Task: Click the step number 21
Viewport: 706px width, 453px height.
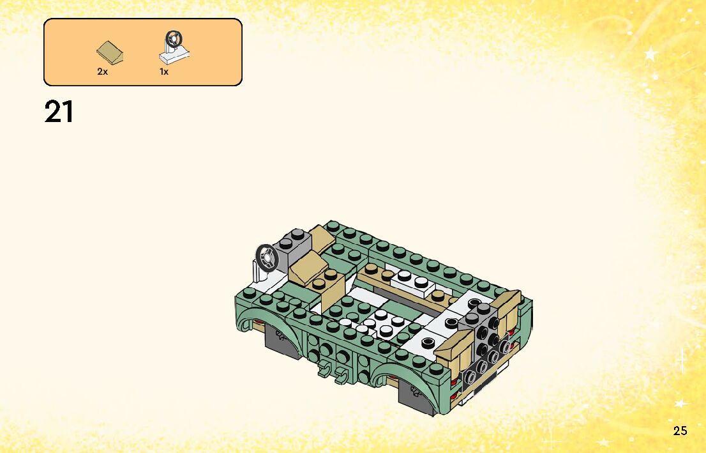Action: click(59, 112)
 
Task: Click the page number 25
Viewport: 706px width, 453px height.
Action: click(680, 431)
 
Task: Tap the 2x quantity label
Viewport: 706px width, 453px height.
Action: click(103, 71)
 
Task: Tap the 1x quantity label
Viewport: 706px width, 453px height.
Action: click(164, 71)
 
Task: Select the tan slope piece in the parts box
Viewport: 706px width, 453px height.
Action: click(110, 53)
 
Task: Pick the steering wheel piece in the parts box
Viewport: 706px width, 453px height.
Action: click(174, 47)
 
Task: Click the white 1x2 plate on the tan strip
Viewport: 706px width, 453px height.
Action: click(412, 280)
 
